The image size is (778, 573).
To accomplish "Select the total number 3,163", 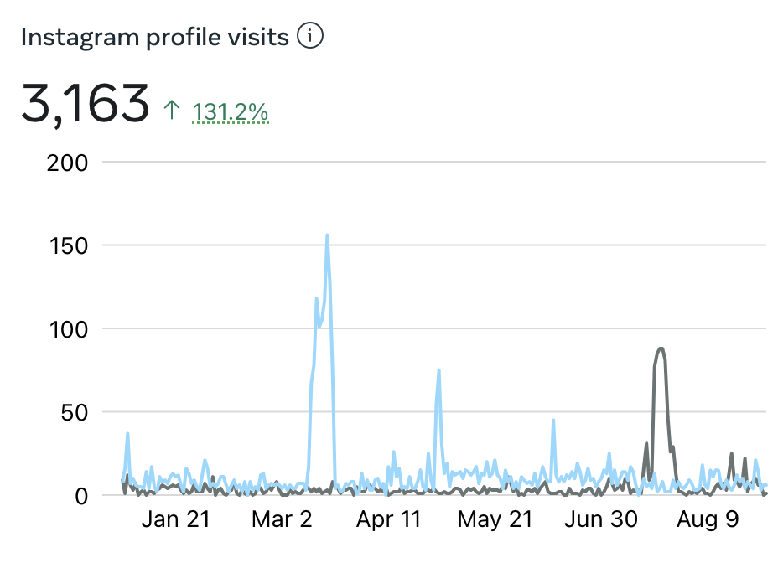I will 85,105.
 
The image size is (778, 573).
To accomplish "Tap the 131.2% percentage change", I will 231,111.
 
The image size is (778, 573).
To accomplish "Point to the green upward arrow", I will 172,110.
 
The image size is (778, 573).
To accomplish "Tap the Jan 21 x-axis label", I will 175,520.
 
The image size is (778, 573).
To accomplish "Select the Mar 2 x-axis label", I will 282,520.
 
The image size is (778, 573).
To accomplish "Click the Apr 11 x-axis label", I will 388,520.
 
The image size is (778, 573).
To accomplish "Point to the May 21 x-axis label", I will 495,520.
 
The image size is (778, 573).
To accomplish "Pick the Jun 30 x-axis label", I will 601,520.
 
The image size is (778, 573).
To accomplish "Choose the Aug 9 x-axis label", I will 708,520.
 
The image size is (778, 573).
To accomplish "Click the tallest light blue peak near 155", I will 327,236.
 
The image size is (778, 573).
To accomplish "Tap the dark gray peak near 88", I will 661,348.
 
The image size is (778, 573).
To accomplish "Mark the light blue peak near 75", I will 438,370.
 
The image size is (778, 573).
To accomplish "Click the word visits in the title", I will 262,38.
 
